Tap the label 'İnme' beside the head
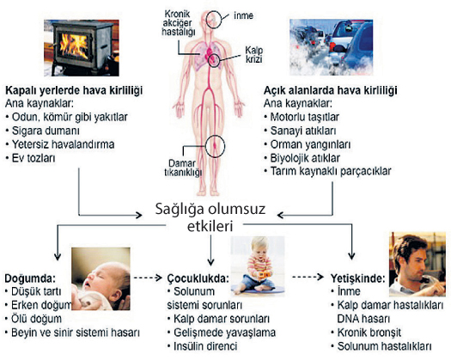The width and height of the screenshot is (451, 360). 243,15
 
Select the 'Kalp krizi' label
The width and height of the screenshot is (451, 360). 253,55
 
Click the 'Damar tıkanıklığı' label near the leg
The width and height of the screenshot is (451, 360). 183,168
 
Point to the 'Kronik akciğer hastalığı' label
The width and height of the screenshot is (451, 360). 179,23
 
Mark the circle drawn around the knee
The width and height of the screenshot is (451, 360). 206,146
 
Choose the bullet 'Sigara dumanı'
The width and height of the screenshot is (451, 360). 43,131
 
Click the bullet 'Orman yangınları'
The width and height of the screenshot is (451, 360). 308,144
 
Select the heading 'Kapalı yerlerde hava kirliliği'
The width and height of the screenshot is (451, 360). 74,90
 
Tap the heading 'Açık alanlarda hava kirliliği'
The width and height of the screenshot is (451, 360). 331,90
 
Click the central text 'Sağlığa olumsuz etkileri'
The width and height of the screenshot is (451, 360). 210,217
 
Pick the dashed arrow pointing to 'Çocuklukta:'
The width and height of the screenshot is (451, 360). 148,278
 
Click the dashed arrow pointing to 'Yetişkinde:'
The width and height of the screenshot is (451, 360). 308,277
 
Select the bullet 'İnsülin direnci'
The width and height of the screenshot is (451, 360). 203,346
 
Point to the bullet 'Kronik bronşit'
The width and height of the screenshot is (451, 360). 366,333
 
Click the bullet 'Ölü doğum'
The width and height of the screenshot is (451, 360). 34,319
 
